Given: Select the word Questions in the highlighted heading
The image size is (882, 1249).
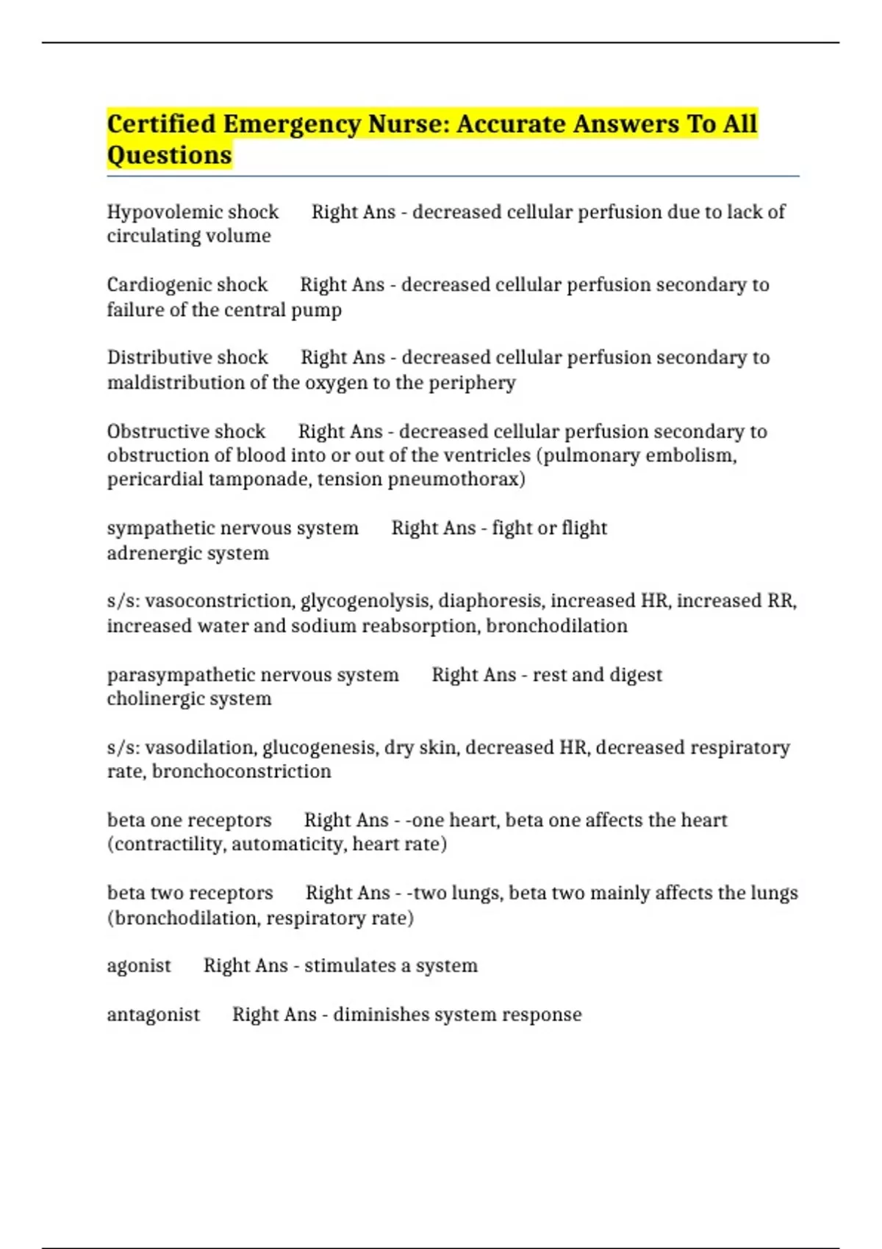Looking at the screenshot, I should [169, 156].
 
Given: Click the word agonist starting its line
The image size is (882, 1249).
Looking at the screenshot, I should [139, 966].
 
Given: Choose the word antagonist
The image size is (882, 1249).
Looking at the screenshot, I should [153, 1015].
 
